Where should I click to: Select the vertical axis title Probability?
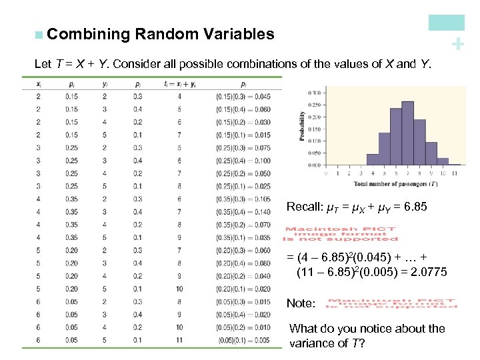pos(302,125)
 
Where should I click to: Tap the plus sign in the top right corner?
pos(457,44)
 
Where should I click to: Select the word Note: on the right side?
pos(301,303)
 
